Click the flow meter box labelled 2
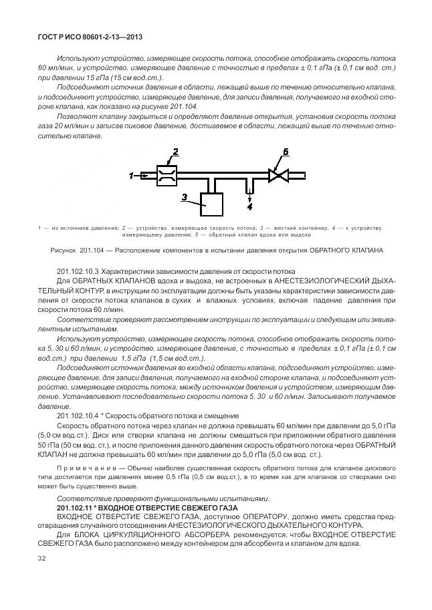(x=166, y=176)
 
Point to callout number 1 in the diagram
(x=132, y=176)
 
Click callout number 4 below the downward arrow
(x=249, y=208)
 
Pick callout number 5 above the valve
(x=286, y=153)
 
